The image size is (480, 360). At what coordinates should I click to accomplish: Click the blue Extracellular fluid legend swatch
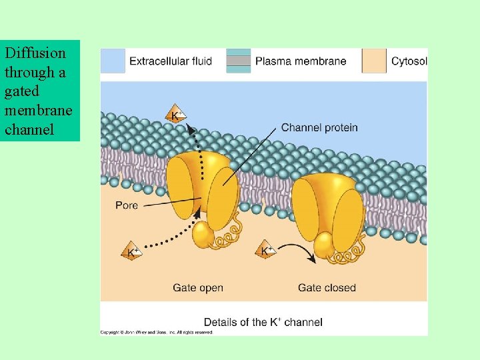pyautogui.click(x=113, y=61)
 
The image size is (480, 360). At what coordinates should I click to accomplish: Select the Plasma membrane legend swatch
pyautogui.click(x=238, y=61)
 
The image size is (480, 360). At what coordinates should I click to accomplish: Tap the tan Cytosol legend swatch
pyautogui.click(x=374, y=61)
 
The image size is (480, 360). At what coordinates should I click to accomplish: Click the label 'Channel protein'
pyautogui.click(x=319, y=127)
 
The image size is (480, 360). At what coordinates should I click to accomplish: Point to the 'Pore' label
pyautogui.click(x=127, y=205)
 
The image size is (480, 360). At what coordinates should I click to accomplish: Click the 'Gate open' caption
pyautogui.click(x=198, y=288)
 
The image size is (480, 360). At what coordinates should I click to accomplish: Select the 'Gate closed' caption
pyautogui.click(x=327, y=288)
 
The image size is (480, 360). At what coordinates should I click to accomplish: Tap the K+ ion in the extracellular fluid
pyautogui.click(x=176, y=115)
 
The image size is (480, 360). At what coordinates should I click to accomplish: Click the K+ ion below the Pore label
pyautogui.click(x=131, y=252)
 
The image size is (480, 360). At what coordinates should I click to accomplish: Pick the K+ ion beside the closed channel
pyautogui.click(x=266, y=251)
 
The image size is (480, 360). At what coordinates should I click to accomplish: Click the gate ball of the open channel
pyautogui.click(x=203, y=235)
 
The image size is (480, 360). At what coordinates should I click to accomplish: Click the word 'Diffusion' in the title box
pyautogui.click(x=35, y=53)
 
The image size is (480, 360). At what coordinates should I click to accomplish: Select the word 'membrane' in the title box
pyautogui.click(x=38, y=110)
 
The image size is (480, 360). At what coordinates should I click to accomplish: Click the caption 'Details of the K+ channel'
pyautogui.click(x=263, y=322)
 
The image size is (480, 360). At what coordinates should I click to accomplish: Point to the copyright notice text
pyautogui.click(x=157, y=332)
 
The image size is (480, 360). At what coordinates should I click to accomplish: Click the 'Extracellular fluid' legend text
pyautogui.click(x=171, y=61)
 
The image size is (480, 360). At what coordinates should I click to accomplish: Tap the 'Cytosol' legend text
pyautogui.click(x=409, y=61)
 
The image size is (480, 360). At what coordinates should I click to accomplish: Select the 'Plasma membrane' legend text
pyautogui.click(x=301, y=61)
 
